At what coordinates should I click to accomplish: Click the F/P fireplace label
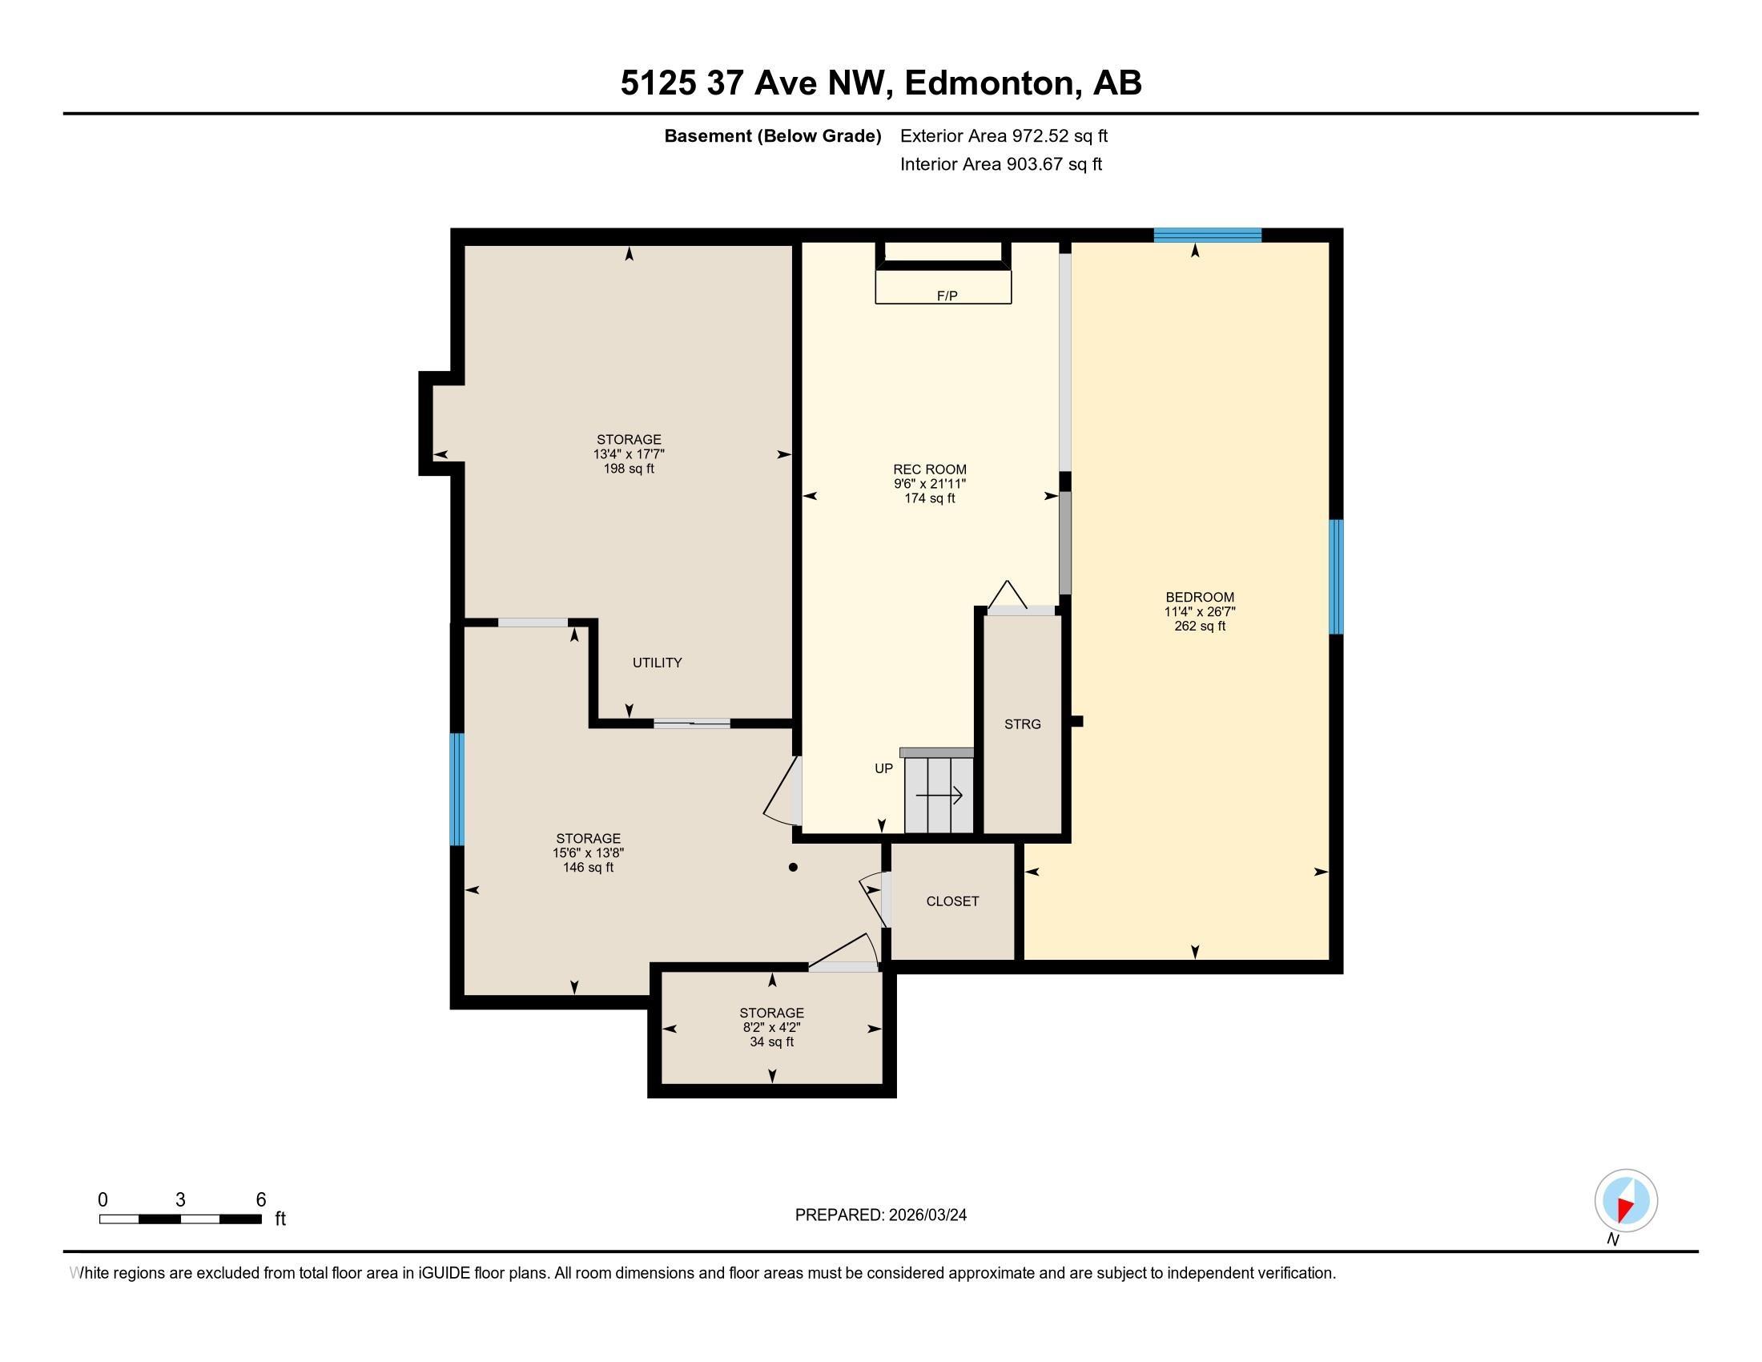coord(947,296)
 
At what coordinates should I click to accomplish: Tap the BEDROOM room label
coord(1200,597)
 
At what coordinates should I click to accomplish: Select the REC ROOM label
coord(929,469)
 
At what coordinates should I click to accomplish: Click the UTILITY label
coord(657,663)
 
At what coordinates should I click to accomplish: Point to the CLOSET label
coord(953,901)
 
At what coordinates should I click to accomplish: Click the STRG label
coord(1022,724)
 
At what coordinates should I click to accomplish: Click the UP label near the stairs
coord(884,769)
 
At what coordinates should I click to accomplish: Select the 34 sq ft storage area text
coord(772,1042)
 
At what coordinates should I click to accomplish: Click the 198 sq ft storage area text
coord(629,469)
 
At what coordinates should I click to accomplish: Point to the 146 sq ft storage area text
coord(588,868)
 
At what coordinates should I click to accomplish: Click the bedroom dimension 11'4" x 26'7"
coord(1200,611)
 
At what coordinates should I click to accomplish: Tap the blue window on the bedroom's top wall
coord(1207,235)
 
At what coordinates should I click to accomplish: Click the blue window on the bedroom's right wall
coord(1336,577)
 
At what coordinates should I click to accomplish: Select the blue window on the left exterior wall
coord(457,789)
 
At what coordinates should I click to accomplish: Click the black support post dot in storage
coord(793,868)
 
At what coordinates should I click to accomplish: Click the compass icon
coord(1626,1201)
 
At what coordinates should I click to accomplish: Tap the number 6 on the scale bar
coord(260,1200)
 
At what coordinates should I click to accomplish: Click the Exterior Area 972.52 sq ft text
coord(1004,135)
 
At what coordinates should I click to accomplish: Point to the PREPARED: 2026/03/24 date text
coord(880,1215)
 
